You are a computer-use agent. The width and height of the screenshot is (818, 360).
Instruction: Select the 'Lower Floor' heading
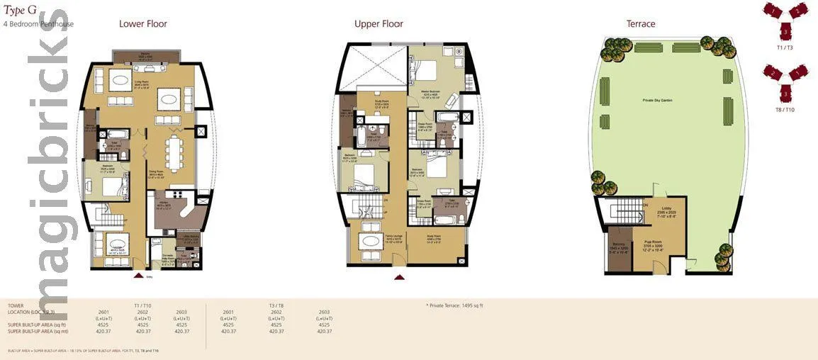point(142,24)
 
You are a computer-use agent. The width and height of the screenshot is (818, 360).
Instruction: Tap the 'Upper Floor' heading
point(379,24)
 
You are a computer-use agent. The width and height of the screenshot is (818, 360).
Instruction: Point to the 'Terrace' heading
point(640,24)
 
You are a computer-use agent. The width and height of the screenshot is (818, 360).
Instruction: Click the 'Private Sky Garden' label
point(658,101)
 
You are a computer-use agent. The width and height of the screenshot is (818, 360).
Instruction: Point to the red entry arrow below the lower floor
point(139,276)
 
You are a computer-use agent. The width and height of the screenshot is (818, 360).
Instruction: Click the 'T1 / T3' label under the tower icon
point(785,47)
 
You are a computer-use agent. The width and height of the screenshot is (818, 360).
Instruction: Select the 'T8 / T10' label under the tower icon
point(785,110)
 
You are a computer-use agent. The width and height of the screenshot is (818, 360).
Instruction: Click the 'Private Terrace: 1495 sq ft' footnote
point(454,305)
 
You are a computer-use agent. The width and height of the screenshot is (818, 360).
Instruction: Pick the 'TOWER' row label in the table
point(16,305)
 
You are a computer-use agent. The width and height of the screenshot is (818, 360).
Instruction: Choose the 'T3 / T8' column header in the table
point(276,305)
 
